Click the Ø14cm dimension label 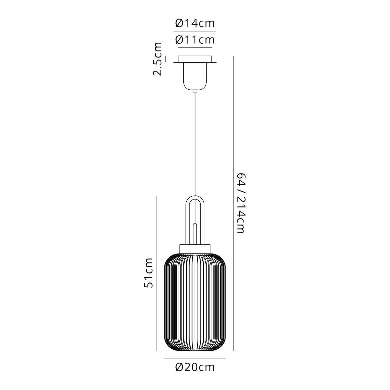coord(195,23)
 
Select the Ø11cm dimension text coord(195,40)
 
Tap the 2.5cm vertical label coord(157,58)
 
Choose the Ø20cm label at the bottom coord(195,367)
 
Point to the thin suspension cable coord(195,145)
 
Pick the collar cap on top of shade coord(195,248)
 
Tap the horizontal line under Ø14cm coord(195,31)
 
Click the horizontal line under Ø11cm coord(195,48)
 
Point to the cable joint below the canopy coord(195,92)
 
